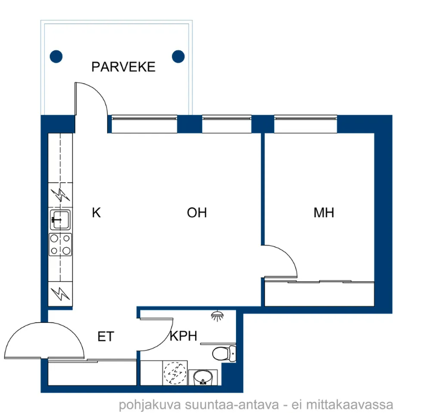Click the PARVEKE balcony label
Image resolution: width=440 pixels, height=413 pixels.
pos(123,67)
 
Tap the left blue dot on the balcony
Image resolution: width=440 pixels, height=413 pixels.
pos(56,56)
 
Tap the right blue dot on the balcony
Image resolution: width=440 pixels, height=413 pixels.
pos(178,56)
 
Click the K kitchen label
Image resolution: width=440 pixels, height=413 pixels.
pos(96,212)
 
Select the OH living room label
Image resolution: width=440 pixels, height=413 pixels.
pos(197,212)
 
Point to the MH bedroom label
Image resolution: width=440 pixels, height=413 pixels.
pos(324,212)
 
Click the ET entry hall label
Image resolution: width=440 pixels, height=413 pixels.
pos(106,336)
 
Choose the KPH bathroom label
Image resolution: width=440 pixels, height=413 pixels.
pos(184,336)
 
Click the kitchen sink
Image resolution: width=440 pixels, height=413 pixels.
pos(60,220)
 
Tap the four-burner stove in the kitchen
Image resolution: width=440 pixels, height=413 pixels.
pos(60,244)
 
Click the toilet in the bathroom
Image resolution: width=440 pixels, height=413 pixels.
pos(224,353)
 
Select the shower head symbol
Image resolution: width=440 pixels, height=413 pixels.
pos(217,316)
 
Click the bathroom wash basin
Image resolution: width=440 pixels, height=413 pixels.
pos(203,378)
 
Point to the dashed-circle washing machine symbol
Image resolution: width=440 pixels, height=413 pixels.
pos(175,373)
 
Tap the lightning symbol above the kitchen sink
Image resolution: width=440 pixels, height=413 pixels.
pos(60,195)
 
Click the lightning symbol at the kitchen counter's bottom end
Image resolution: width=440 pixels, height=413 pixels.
pos(60,294)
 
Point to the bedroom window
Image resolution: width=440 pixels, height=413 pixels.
pos(306,124)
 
